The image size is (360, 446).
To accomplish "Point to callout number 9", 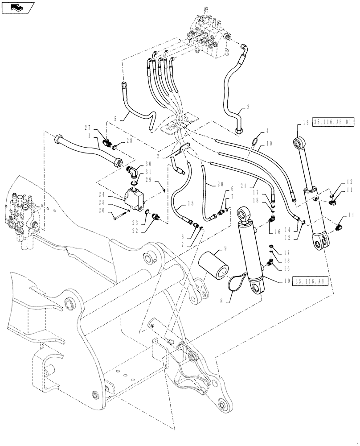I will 225,248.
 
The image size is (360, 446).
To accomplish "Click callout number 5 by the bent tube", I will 116,119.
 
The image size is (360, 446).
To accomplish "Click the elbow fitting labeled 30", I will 131,171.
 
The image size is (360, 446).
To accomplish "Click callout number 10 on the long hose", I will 269,144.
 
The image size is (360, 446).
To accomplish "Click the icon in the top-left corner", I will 16,7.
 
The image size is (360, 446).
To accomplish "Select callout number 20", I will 221,184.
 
